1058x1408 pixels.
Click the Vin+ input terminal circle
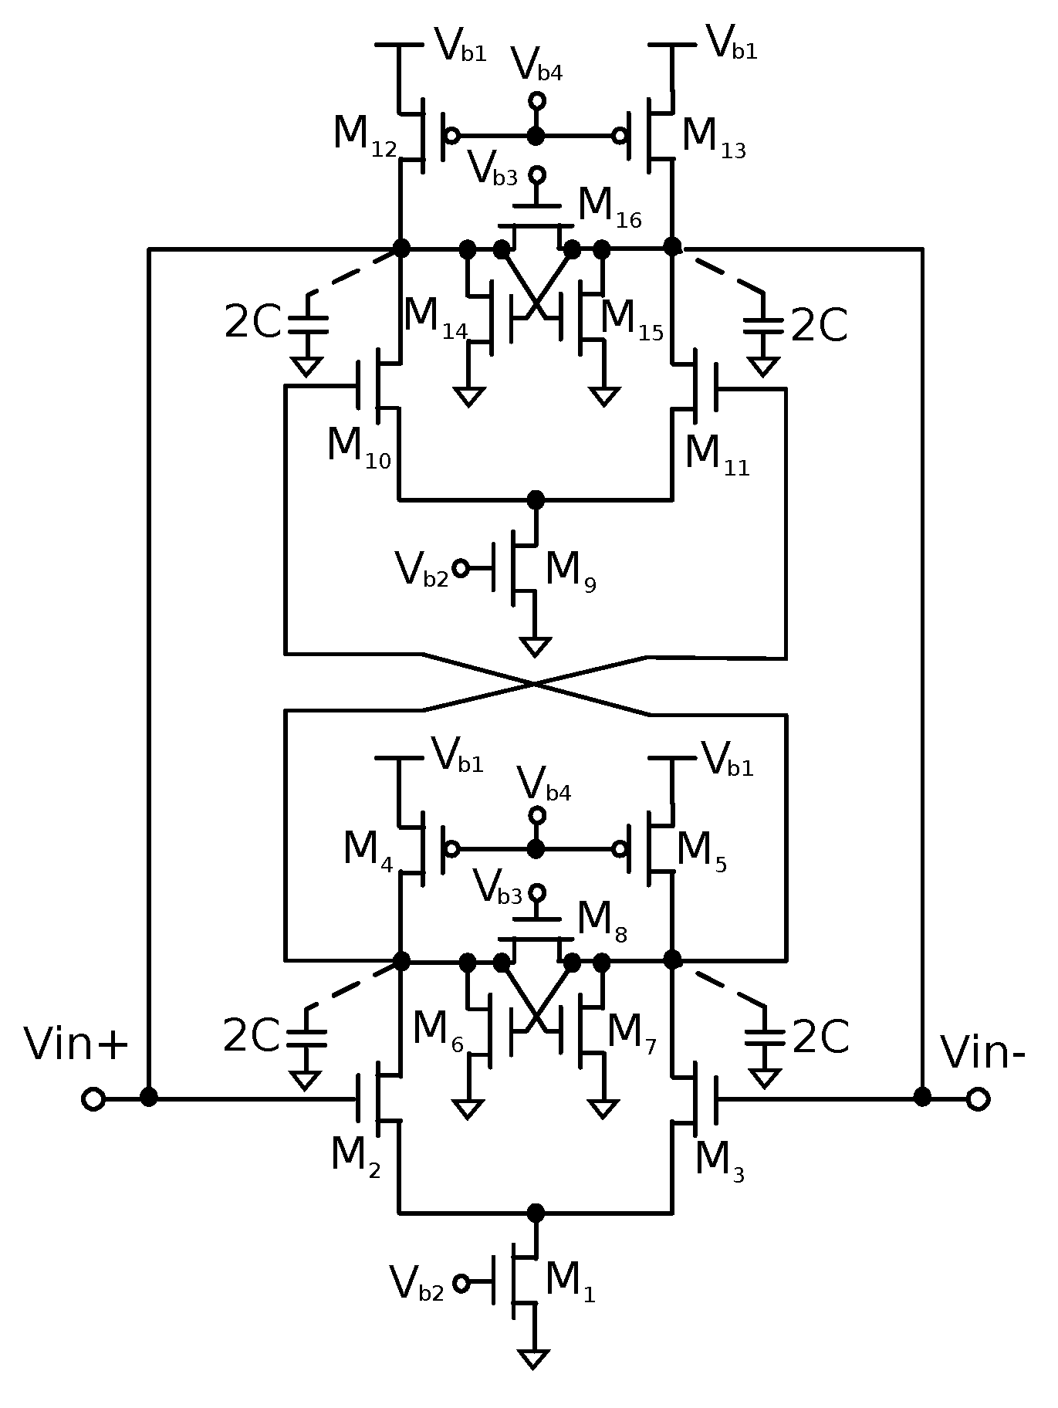tap(93, 1099)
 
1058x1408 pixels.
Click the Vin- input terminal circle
tap(978, 1099)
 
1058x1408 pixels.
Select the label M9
tap(570, 573)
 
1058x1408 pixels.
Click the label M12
tap(365, 136)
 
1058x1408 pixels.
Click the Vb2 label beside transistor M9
tap(421, 571)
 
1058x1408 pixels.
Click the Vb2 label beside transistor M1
tap(417, 1284)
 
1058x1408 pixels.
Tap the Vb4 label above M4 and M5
tap(545, 786)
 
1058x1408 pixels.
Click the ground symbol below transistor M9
tap(534, 646)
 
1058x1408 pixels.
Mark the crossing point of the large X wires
tap(534, 684)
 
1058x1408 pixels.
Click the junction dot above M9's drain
tap(535, 500)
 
